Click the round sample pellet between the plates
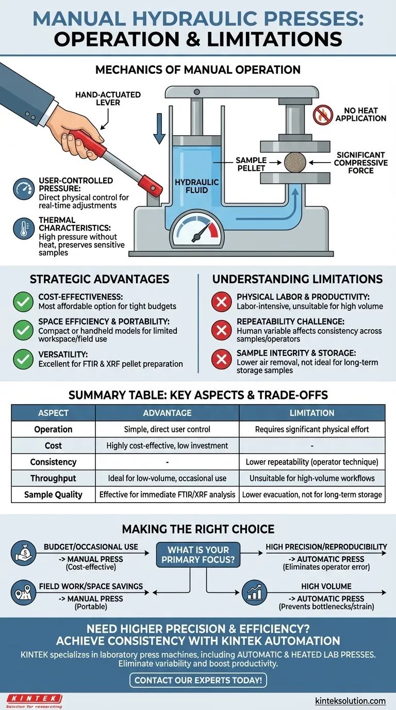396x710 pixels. pyautogui.click(x=295, y=163)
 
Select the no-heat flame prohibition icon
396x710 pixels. pyautogui.click(x=322, y=115)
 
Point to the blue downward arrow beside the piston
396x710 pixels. pyautogui.click(x=159, y=128)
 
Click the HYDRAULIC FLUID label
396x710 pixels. pyautogui.click(x=197, y=186)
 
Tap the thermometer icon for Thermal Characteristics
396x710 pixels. pyautogui.click(x=24, y=229)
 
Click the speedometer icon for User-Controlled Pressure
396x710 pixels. pyautogui.click(x=24, y=189)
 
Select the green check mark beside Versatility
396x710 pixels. pyautogui.click(x=23, y=359)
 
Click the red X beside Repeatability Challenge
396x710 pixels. pyautogui.click(x=221, y=330)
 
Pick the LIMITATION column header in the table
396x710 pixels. pyautogui.click(x=312, y=413)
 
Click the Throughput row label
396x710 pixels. pyautogui.click(x=53, y=478)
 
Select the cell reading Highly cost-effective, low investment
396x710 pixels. pyautogui.click(x=167, y=446)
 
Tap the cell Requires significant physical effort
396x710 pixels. pyautogui.click(x=312, y=429)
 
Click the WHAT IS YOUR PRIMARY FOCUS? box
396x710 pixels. pyautogui.click(x=198, y=555)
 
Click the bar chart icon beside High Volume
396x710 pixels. pyautogui.click(x=254, y=592)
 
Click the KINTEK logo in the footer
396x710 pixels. pyautogui.click(x=35, y=701)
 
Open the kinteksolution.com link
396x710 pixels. pyautogui.click(x=351, y=701)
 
